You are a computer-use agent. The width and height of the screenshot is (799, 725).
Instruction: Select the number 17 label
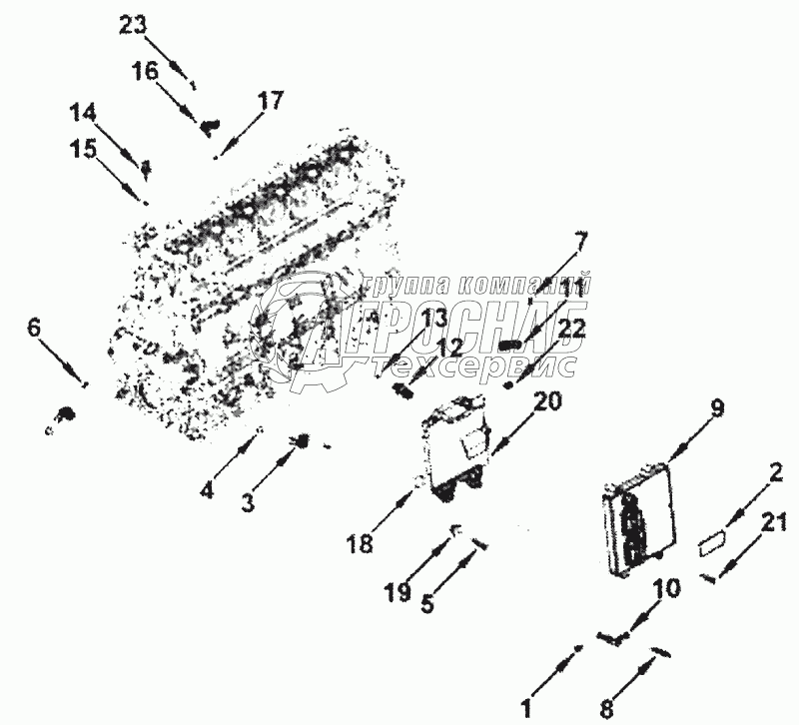[270, 101]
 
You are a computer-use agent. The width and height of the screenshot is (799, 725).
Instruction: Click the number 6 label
[34, 327]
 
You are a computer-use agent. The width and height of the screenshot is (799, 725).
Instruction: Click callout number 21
[775, 521]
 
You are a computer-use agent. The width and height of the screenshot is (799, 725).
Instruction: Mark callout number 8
[606, 711]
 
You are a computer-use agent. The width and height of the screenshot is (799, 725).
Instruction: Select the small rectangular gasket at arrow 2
[712, 543]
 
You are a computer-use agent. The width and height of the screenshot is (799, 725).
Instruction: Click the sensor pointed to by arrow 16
[209, 126]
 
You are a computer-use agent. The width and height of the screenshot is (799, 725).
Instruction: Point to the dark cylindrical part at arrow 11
[510, 345]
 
